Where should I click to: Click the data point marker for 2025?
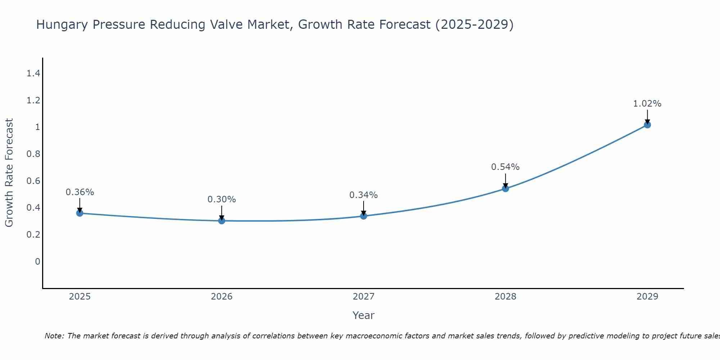point(80,213)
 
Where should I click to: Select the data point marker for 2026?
point(222,221)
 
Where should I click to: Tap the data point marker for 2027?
point(364,216)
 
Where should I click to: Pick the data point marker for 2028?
point(505,188)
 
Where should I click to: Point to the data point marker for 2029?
point(647,125)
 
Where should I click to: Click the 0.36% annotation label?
point(80,192)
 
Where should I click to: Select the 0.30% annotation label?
point(222,199)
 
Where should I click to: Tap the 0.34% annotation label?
point(364,195)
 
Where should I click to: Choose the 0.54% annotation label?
point(505,167)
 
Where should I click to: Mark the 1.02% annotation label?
point(647,104)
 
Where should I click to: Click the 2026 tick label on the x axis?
point(222,297)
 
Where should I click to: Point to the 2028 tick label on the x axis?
point(505,297)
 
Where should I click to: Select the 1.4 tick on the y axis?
point(33,74)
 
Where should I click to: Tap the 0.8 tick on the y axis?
point(33,154)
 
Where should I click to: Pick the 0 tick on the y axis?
point(37,261)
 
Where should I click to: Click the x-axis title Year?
point(364,315)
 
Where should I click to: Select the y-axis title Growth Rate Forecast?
point(9,173)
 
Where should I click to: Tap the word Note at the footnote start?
point(54,336)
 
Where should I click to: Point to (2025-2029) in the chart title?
point(474,25)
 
